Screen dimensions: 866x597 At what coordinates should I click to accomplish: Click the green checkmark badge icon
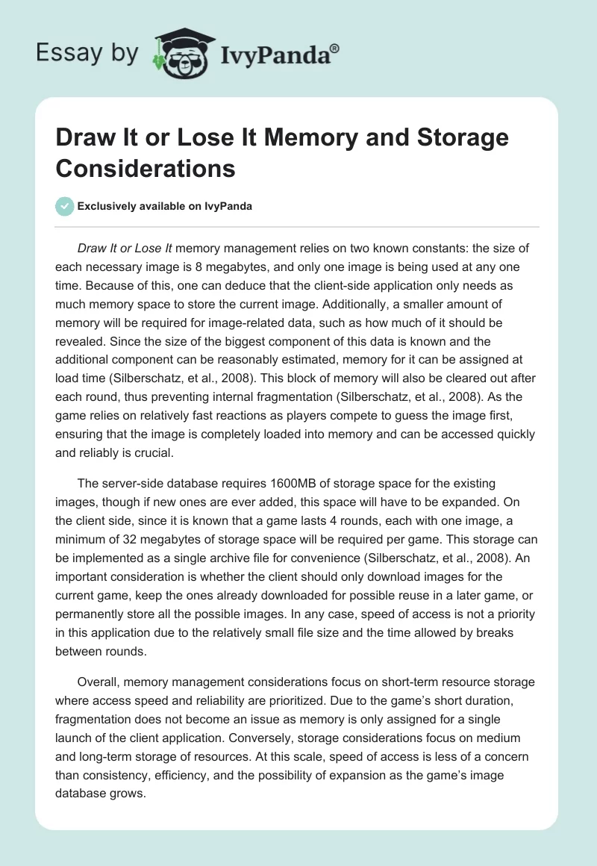point(65,206)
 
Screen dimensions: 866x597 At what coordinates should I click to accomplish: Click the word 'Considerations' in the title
point(146,168)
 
